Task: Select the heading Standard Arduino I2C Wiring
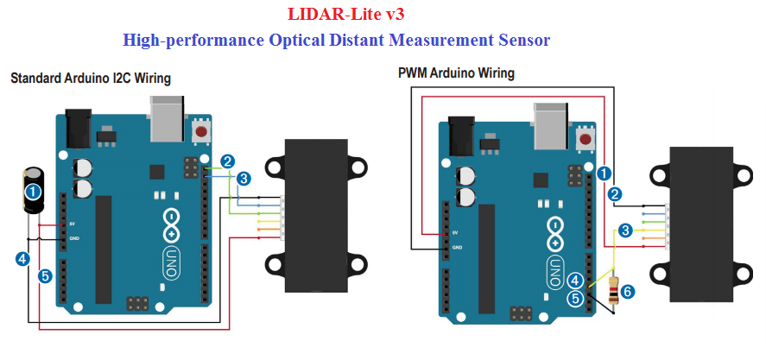pyautogui.click(x=91, y=79)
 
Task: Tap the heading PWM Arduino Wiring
pyautogui.click(x=456, y=73)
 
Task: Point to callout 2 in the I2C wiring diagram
pyautogui.click(x=227, y=161)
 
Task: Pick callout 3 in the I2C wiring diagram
pyautogui.click(x=244, y=179)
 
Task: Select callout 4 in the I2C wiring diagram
pyautogui.click(x=22, y=257)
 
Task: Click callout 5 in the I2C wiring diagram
pyautogui.click(x=45, y=276)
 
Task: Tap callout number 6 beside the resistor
pyautogui.click(x=628, y=292)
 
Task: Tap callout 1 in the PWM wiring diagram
pyautogui.click(x=604, y=173)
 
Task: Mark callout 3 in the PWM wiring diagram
pyautogui.click(x=626, y=231)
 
